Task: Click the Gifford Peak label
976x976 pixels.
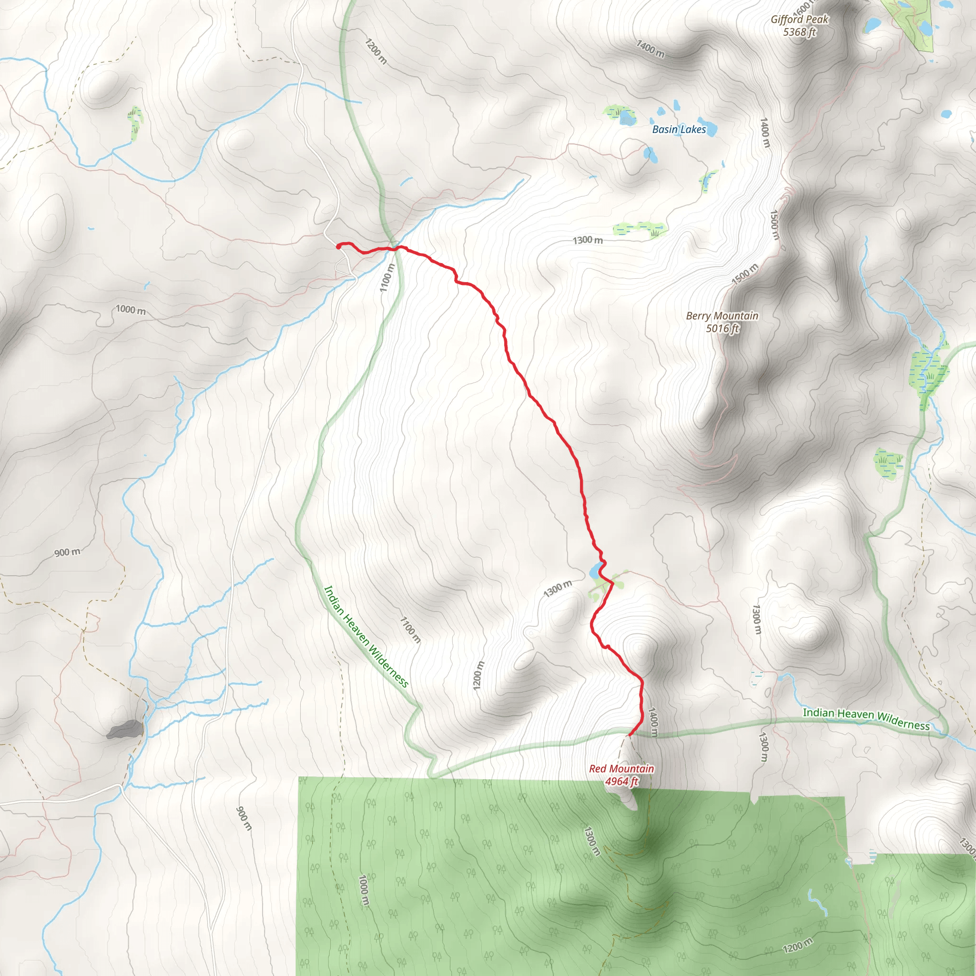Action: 799,19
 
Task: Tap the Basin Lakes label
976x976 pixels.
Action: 679,129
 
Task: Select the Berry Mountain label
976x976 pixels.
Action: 722,316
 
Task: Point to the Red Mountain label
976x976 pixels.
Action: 621,768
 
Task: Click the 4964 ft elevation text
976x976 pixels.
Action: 621,782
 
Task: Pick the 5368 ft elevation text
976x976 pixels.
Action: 799,32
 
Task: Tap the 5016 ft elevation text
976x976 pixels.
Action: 722,328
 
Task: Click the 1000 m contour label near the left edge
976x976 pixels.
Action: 130,309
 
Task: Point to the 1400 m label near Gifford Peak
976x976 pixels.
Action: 650,49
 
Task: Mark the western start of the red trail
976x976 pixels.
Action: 338,246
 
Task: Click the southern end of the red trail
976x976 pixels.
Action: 629,735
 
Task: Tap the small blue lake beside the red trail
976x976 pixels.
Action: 595,571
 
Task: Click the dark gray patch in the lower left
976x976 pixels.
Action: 124,729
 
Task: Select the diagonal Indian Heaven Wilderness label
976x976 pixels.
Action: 366,636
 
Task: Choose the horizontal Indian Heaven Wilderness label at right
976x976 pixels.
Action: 866,718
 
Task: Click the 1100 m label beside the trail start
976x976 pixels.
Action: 386,277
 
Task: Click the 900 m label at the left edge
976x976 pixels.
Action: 67,552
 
